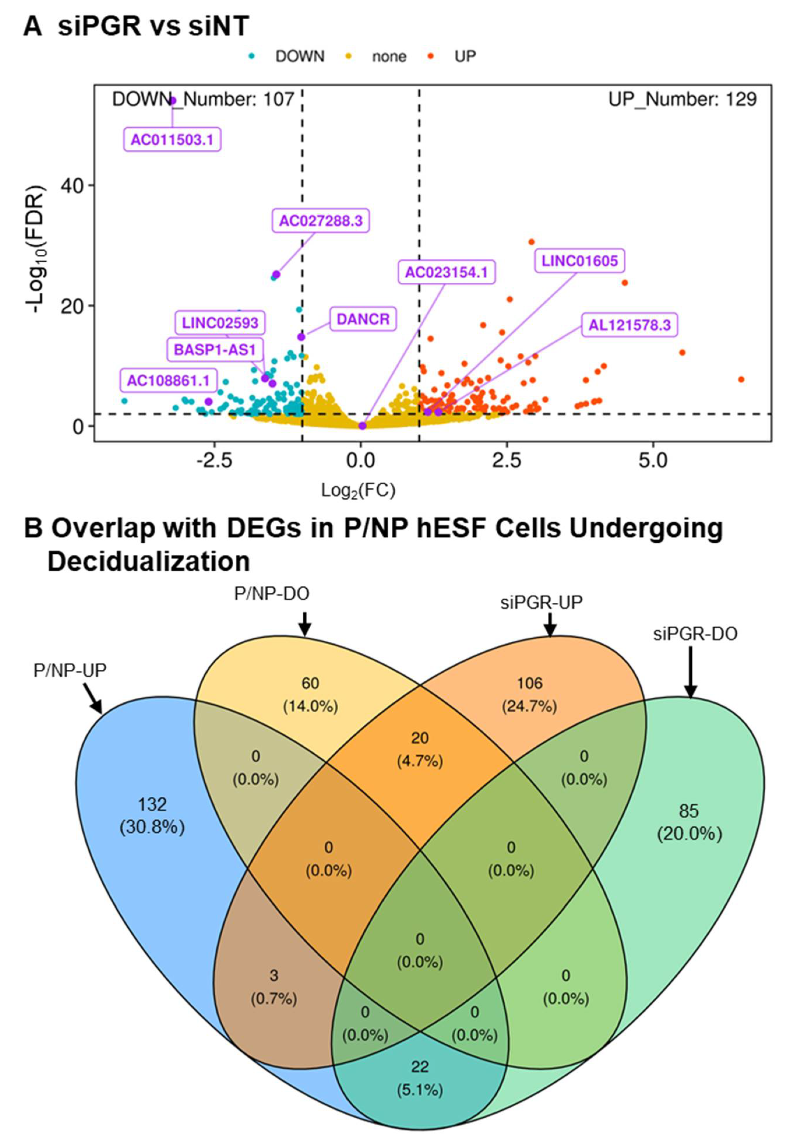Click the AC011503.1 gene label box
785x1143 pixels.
172,140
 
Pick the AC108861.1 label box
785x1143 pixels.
169,380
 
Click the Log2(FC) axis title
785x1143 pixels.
358,490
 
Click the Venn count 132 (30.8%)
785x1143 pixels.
152,816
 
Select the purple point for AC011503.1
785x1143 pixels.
173,101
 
